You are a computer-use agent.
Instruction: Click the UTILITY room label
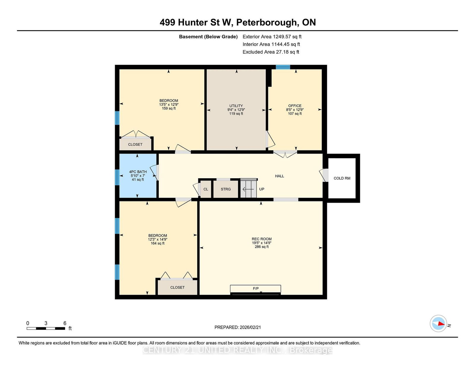coord(236,106)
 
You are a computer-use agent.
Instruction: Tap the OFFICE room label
coord(295,106)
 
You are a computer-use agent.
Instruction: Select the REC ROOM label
coord(262,239)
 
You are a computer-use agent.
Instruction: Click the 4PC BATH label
coord(138,172)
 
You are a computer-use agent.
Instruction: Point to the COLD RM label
coord(342,178)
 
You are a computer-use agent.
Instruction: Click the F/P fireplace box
coord(255,288)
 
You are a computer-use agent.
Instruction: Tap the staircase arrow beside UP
coord(248,189)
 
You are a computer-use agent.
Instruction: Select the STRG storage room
coord(226,189)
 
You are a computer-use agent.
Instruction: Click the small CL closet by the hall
coord(206,189)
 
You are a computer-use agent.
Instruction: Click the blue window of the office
coord(283,67)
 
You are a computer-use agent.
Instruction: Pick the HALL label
coord(279,176)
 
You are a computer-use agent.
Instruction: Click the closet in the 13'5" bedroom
coord(135,144)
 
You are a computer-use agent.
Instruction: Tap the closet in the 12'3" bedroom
coord(177,287)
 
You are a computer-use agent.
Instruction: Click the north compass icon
coord(438,324)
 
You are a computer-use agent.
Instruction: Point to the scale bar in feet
coord(46,328)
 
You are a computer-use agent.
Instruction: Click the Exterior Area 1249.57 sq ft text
coord(272,37)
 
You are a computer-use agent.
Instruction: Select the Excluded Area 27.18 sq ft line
coord(271,52)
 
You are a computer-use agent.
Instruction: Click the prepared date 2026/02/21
coord(237,327)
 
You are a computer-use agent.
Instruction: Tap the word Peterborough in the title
coord(267,23)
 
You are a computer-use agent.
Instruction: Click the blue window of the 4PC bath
coord(117,177)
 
